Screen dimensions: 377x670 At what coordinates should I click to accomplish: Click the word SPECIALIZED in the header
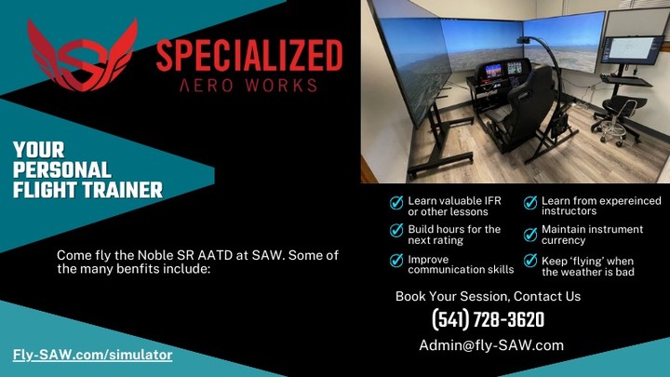(x=248, y=57)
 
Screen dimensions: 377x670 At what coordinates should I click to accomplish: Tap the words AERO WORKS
(x=248, y=85)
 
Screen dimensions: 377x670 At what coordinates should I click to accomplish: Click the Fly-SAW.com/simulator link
(x=92, y=355)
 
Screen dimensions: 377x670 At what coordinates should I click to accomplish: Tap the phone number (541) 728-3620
(x=488, y=320)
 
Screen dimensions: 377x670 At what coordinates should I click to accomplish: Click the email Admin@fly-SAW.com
(x=491, y=344)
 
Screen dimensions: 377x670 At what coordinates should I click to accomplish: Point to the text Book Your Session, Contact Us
(x=488, y=296)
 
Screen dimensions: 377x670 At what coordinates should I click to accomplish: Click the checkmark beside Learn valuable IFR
(x=396, y=203)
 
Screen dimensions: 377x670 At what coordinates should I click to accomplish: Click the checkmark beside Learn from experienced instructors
(x=529, y=203)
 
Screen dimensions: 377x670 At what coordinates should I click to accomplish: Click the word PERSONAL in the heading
(x=61, y=170)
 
